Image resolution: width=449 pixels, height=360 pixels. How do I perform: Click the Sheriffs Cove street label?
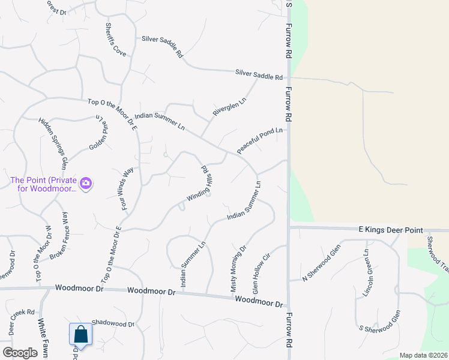[115, 40]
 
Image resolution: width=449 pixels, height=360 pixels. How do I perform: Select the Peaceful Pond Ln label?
[259, 140]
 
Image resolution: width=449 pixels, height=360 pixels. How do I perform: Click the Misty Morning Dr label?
[238, 268]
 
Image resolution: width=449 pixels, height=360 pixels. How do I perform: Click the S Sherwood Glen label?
[379, 322]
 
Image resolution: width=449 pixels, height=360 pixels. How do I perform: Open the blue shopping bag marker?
[80, 336]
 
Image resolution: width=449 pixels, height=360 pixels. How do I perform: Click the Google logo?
[20, 352]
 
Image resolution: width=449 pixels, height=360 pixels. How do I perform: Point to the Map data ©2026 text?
[423, 355]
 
